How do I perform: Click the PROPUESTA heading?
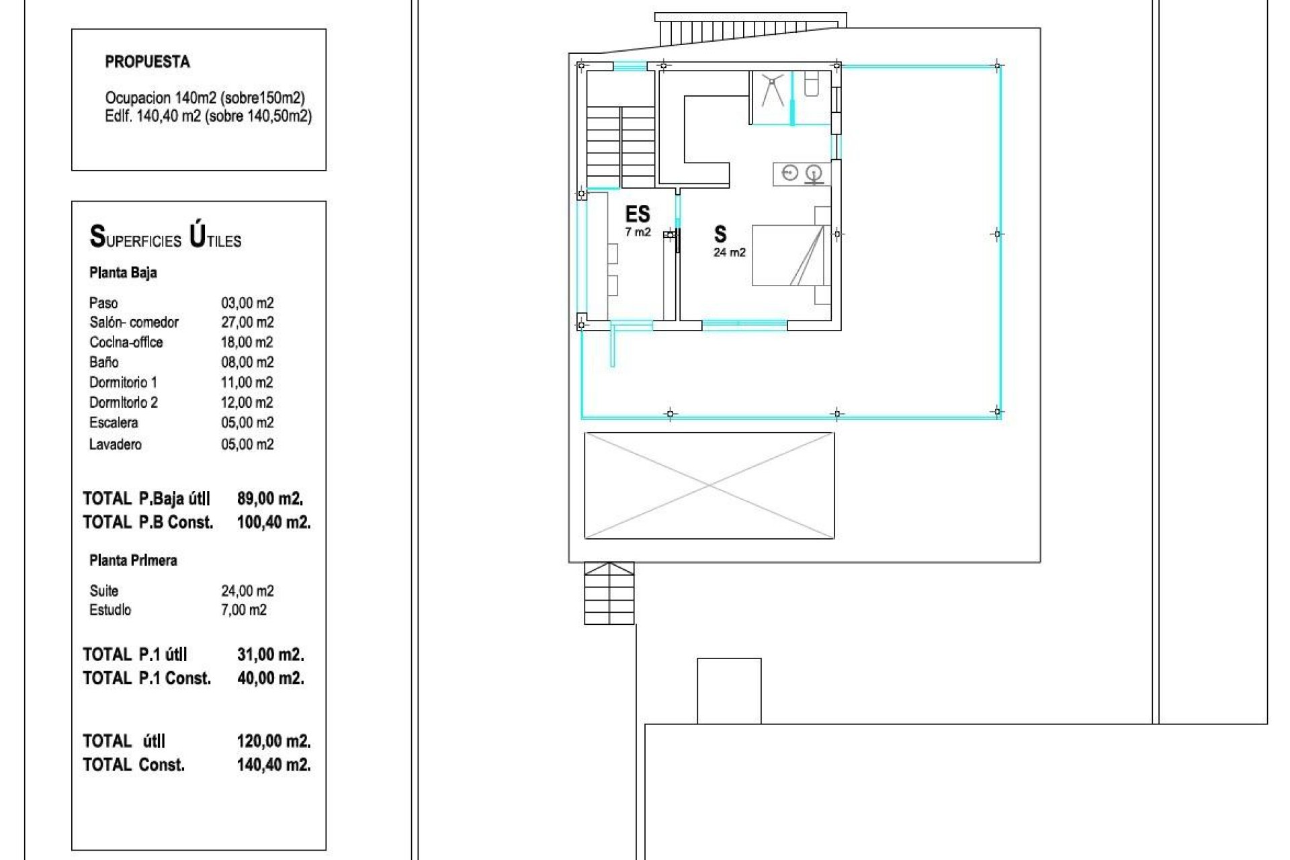point(147,62)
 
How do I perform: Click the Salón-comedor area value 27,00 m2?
point(247,322)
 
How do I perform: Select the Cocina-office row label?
point(126,343)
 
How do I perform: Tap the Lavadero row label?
point(115,444)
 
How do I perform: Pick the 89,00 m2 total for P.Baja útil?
point(269,499)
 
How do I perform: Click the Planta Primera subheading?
point(133,560)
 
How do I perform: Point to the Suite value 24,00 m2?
point(247,591)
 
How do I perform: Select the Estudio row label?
point(110,610)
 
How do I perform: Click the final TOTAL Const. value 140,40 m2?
point(273,765)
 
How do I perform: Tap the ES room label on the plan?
point(637,214)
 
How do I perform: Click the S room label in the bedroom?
point(720,234)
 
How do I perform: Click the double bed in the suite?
point(787,256)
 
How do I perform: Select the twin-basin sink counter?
point(802,175)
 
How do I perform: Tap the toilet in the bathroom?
point(811,85)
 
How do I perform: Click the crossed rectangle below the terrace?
point(709,485)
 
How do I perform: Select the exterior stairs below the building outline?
point(609,594)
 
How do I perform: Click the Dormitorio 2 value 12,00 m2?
point(247,402)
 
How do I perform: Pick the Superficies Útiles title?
point(165,238)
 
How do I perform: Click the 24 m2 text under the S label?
point(729,253)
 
